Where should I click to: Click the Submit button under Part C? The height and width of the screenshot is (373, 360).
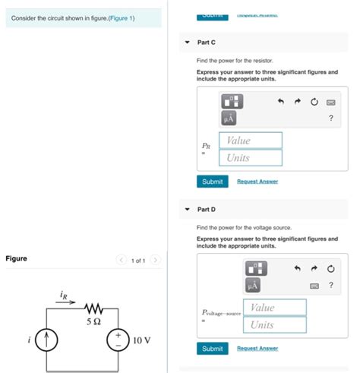(x=212, y=182)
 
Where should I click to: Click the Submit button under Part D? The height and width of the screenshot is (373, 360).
(x=212, y=349)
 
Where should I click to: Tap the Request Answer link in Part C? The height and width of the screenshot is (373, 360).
(x=257, y=182)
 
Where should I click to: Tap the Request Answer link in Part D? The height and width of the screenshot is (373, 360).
(x=257, y=349)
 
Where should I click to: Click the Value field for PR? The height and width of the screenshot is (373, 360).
(x=251, y=141)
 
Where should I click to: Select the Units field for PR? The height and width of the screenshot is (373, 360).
(x=251, y=158)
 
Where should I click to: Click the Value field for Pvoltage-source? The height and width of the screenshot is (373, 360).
(x=275, y=307)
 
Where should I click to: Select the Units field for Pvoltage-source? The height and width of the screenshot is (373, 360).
(x=275, y=324)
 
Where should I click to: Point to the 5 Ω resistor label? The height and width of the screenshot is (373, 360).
(x=94, y=322)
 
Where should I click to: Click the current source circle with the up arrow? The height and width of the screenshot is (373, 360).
(x=47, y=339)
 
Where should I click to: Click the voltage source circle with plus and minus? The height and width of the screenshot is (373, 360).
(x=118, y=339)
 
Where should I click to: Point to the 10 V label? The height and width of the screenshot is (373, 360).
(x=142, y=339)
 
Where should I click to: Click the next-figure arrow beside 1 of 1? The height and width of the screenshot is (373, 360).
(x=155, y=260)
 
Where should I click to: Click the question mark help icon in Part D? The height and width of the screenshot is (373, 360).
(x=330, y=285)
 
